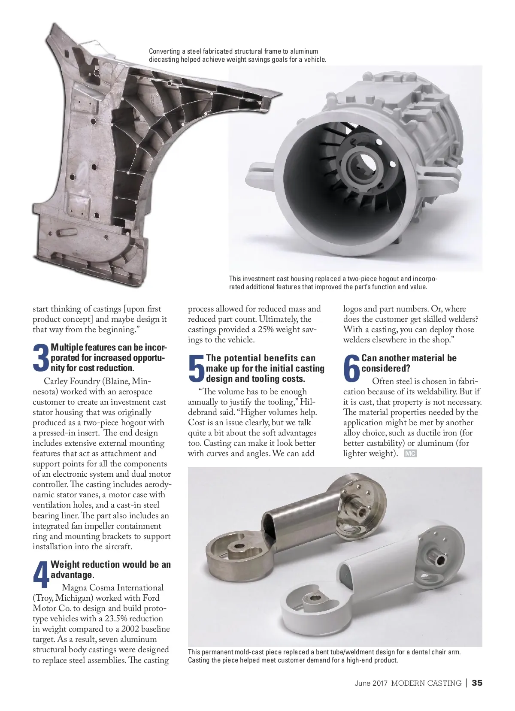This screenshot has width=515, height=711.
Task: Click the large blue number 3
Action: pyautogui.click(x=41, y=358)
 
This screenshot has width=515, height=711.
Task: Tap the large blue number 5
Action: pyautogui.click(x=197, y=369)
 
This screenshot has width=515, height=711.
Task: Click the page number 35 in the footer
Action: pyautogui.click(x=476, y=683)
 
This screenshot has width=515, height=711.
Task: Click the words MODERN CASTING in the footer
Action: pyautogui.click(x=426, y=683)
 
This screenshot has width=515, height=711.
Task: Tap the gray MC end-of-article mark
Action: pyautogui.click(x=410, y=454)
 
